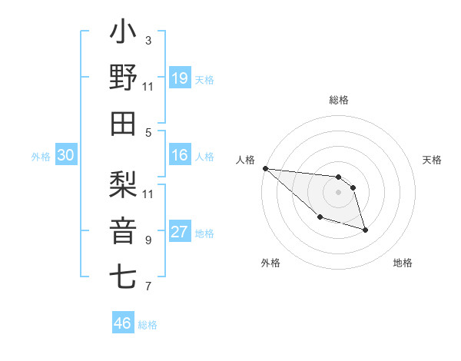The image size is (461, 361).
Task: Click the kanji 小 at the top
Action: (124, 34)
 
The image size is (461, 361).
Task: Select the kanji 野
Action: (124, 78)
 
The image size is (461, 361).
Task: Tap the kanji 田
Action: (124, 123)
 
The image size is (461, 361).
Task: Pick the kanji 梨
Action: (124, 184)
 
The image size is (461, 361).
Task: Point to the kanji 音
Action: (124, 230)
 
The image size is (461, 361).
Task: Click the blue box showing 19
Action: (180, 78)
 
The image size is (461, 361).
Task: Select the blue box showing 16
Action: (180, 155)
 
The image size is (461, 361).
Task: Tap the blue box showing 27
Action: (180, 233)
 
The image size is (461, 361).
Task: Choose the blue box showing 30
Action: (65, 155)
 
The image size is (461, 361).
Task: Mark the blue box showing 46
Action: (122, 323)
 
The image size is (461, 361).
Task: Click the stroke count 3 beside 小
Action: (148, 40)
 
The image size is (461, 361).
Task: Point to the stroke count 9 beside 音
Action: (148, 240)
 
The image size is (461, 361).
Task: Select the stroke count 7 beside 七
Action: (148, 286)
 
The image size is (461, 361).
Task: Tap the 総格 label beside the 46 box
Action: (148, 325)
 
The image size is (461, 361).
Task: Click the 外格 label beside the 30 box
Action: (41, 157)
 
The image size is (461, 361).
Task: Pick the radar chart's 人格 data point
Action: (265, 168)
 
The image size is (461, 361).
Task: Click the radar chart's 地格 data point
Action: (365, 230)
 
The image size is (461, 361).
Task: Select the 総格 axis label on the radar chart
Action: (339, 100)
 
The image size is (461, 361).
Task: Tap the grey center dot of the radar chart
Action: (339, 192)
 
